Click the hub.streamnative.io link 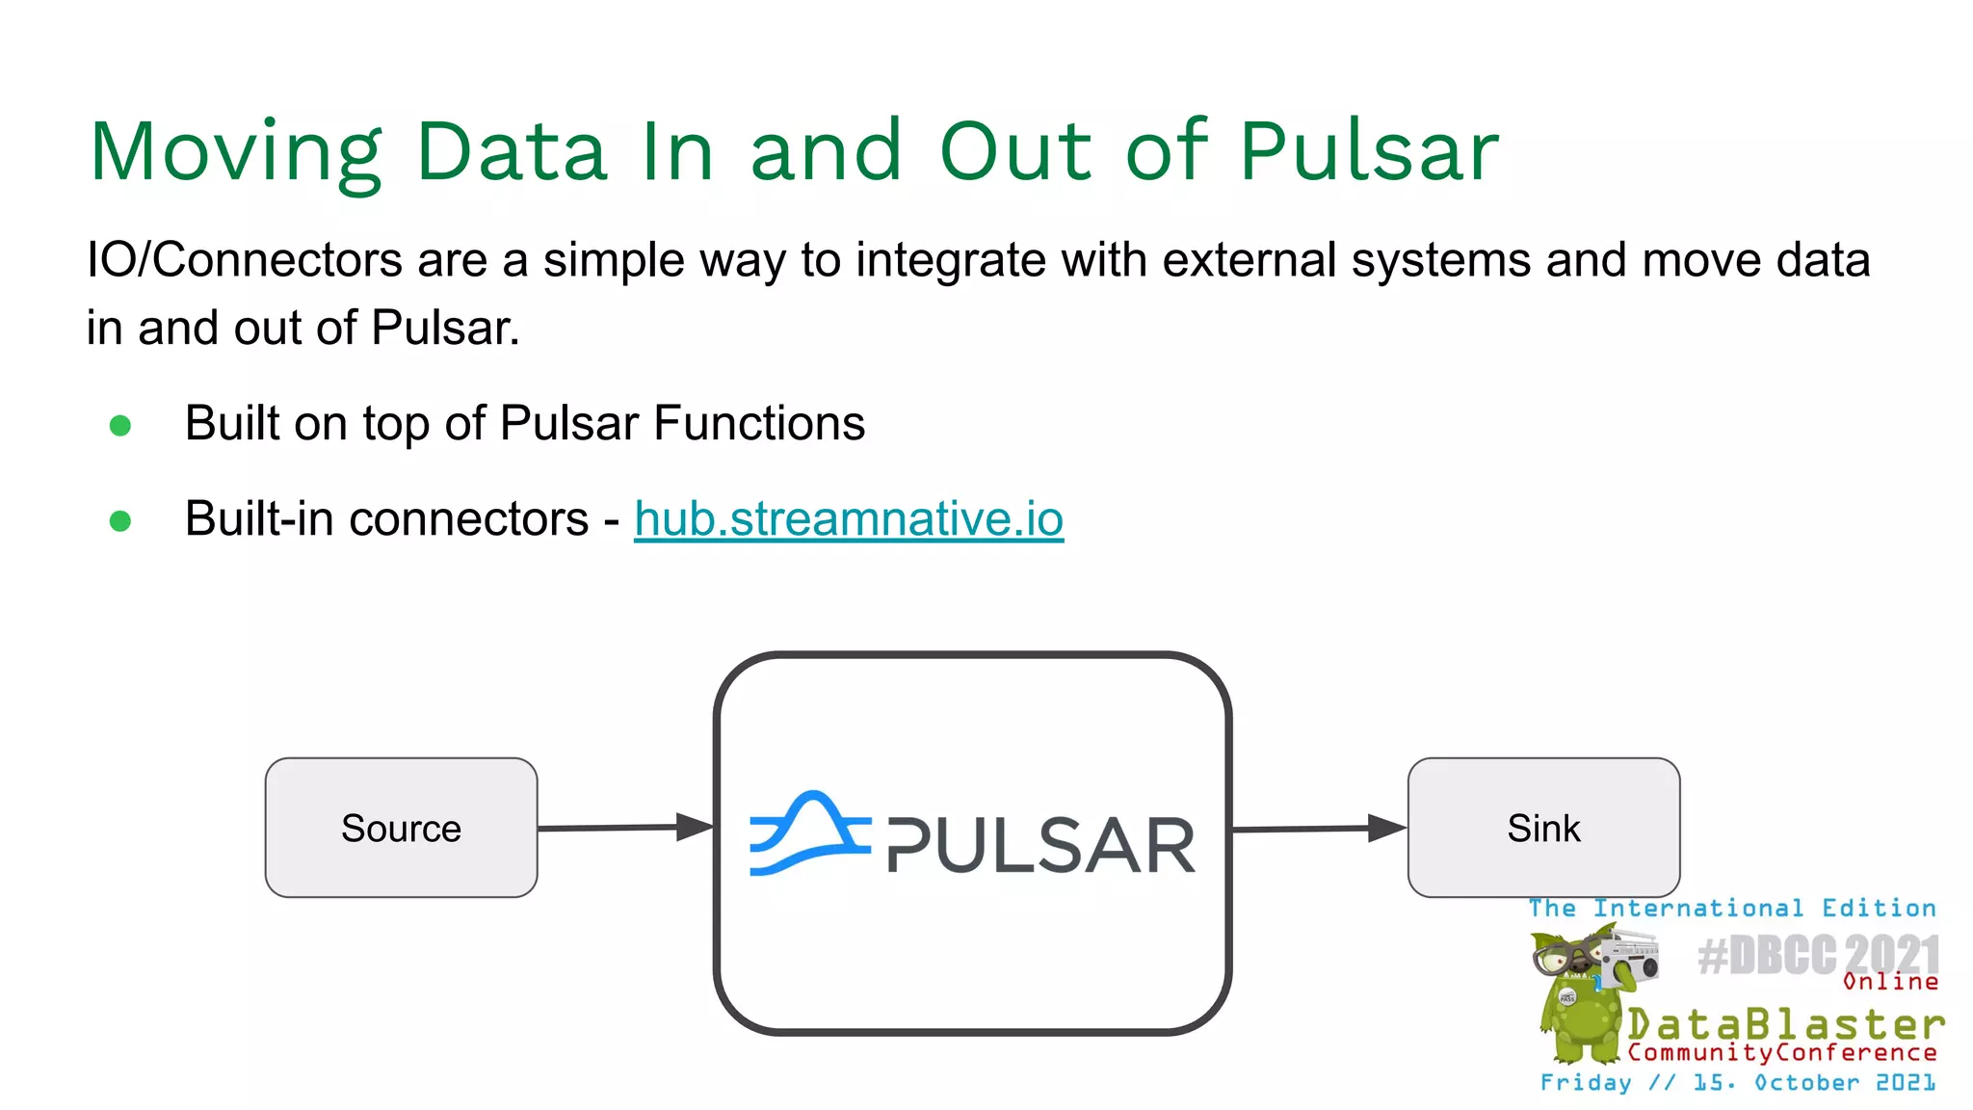click(848, 520)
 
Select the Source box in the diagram click(401, 829)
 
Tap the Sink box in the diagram click(1543, 829)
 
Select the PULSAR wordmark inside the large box click(1040, 846)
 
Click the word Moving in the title click(236, 152)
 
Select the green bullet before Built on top click(120, 425)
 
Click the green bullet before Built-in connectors click(120, 521)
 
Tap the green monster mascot click(1580, 1002)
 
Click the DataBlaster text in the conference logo click(1785, 1023)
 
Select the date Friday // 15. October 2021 click(1737, 1083)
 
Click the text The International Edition click(1731, 909)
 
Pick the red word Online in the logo click(1889, 982)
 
